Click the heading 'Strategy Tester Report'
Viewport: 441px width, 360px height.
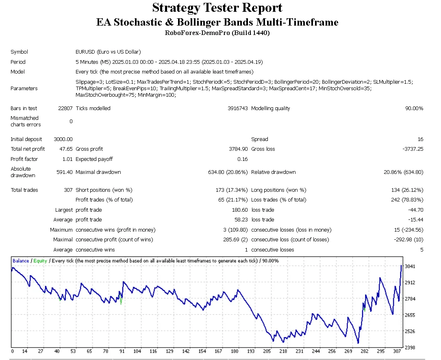click(x=217, y=8)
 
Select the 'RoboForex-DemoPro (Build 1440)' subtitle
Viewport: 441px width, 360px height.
click(x=217, y=33)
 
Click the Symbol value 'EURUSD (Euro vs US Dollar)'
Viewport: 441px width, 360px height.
click(x=108, y=52)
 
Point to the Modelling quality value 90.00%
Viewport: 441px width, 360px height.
click(x=413, y=108)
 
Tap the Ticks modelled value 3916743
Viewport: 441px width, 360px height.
click(x=237, y=108)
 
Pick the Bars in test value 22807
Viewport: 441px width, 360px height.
click(x=65, y=108)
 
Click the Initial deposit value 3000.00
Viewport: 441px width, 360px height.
click(x=63, y=139)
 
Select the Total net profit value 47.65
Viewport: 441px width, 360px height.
click(x=66, y=149)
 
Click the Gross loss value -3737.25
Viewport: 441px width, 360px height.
click(x=413, y=149)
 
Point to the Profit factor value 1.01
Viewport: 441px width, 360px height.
click(x=67, y=159)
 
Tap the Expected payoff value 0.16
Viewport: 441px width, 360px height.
click(x=243, y=159)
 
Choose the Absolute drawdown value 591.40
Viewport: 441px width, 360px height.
click(x=65, y=172)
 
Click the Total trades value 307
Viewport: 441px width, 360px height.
click(x=68, y=190)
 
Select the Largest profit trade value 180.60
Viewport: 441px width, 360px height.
click(x=240, y=210)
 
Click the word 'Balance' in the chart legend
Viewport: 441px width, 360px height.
click(x=21, y=261)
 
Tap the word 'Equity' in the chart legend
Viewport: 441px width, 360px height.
click(x=40, y=261)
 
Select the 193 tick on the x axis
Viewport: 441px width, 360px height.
click(x=252, y=351)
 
